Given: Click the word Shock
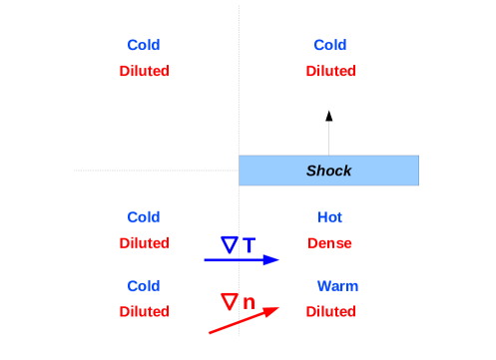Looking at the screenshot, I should (328, 171).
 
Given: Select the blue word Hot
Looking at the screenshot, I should (330, 217).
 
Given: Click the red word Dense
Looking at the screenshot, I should (330, 243).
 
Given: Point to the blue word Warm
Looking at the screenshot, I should (337, 286).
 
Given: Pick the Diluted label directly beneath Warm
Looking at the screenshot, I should (330, 312).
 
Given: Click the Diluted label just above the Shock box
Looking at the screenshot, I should (330, 72).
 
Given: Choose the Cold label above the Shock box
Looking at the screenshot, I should (330, 46).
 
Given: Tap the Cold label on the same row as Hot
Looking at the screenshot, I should (144, 217).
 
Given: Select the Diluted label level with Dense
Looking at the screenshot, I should (144, 243).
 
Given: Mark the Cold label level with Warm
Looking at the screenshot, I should (144, 286).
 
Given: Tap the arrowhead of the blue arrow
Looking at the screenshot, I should (271, 260).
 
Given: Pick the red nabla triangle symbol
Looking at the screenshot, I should (230, 300).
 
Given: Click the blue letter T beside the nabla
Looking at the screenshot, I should (248, 244).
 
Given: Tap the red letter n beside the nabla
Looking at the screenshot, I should (248, 302).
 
